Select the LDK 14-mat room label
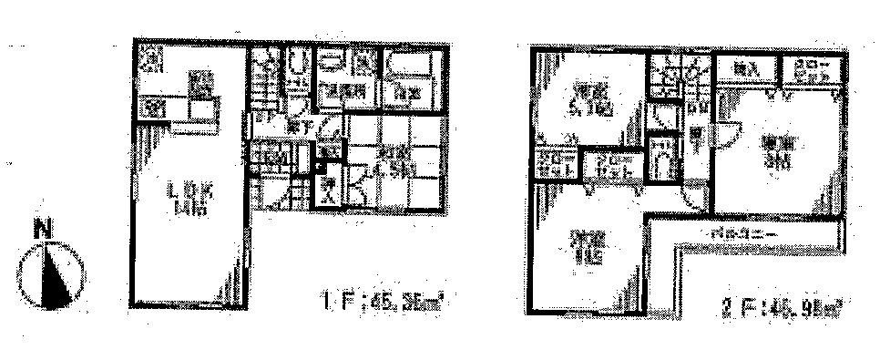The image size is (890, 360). pyautogui.click(x=189, y=196)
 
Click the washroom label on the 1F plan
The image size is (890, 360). pyautogui.click(x=343, y=91)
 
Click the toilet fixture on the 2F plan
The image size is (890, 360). pyautogui.click(x=663, y=161)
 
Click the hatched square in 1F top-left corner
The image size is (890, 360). pyautogui.click(x=151, y=60)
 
